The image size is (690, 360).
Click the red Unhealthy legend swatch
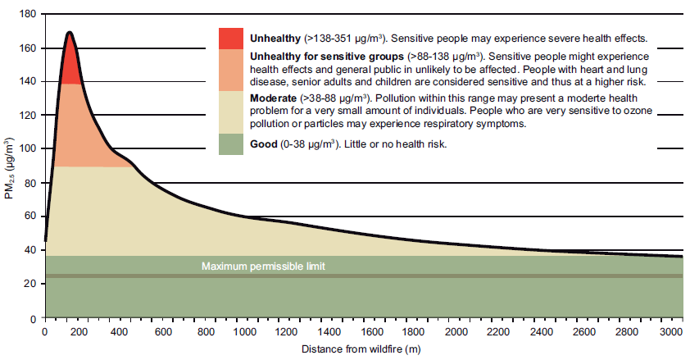click(x=229, y=38)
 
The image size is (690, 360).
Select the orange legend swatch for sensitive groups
click(x=229, y=68)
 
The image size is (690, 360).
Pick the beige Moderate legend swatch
click(x=229, y=110)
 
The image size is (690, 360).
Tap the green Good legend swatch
click(x=229, y=144)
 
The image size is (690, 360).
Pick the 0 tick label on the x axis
click(x=45, y=333)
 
